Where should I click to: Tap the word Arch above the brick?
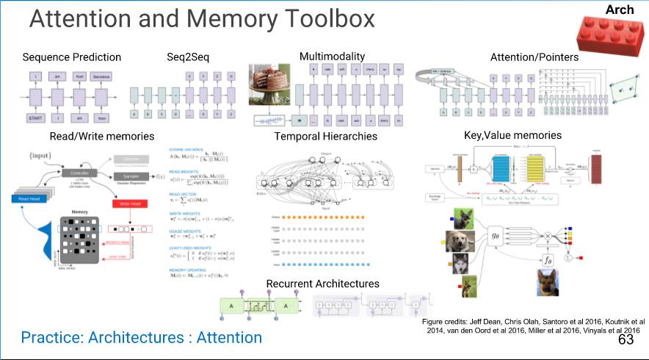(620, 10)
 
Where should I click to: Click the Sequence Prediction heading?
(71, 57)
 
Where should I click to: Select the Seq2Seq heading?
(187, 57)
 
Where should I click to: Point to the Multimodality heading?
(332, 57)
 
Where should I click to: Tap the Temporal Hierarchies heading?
(325, 136)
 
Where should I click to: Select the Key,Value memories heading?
(512, 135)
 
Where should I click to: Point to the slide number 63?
(626, 340)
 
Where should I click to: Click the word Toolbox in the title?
(316, 19)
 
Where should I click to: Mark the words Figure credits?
(447, 322)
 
